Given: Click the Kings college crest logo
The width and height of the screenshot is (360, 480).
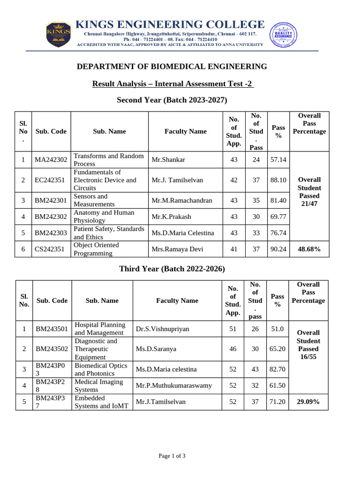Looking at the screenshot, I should pos(58,34).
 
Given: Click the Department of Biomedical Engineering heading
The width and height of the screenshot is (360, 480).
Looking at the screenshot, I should pos(172,67).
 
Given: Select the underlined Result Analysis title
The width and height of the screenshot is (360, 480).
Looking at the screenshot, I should pos(172,84).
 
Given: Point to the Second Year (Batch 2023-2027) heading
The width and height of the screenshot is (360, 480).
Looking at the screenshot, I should pos(172,100).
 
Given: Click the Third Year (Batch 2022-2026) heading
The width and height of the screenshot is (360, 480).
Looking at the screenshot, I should pos(172,269).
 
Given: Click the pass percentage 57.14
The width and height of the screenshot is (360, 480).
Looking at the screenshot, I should pos(278,160).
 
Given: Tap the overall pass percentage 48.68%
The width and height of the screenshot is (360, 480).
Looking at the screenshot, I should pos(309,249).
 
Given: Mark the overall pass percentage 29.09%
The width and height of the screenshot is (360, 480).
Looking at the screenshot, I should pos(308,402).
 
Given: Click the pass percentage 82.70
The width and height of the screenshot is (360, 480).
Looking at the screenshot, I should pos(277,369).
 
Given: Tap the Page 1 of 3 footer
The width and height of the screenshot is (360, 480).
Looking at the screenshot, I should pos(172,456).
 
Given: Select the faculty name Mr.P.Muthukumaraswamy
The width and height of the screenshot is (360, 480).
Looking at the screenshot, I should pos(174,386).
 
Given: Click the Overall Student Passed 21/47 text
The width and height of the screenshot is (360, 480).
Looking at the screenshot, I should pos(309,192).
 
